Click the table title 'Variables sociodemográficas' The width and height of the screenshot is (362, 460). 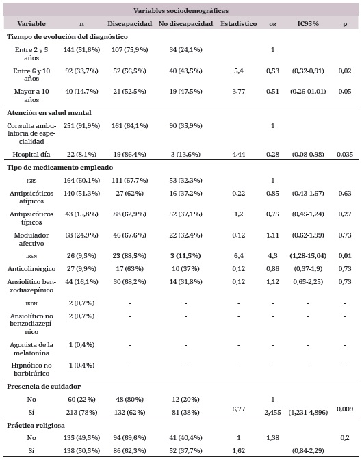(x=181, y=10)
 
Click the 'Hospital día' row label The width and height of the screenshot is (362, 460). (x=34, y=154)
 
